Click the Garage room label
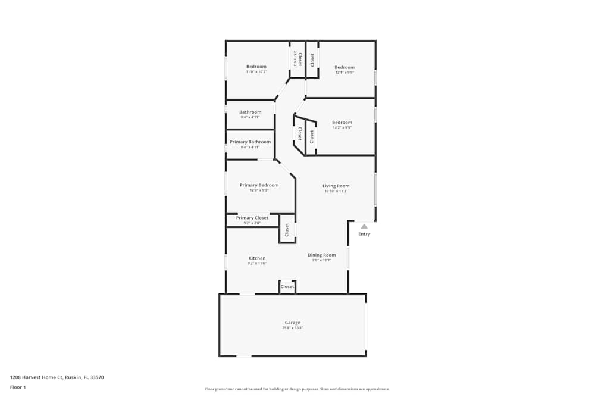pos(292,322)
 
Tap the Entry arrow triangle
pos(364,226)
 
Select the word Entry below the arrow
pos(364,234)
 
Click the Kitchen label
pos(257,258)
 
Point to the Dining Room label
pos(321,255)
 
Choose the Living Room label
pos(336,186)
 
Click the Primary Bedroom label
pos(259,185)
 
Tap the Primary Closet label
pos(252,218)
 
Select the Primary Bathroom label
pos(250,142)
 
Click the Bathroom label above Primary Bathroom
pos(250,112)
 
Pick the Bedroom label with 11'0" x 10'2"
pos(256,67)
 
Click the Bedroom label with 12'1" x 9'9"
pos(344,67)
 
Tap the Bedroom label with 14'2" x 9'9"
pos(342,123)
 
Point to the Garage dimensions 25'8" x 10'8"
pos(292,328)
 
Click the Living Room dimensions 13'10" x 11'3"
pos(336,192)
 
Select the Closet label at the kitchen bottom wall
pos(287,287)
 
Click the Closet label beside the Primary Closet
pos(287,230)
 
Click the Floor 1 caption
pos(18,387)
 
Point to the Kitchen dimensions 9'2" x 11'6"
pos(257,263)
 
